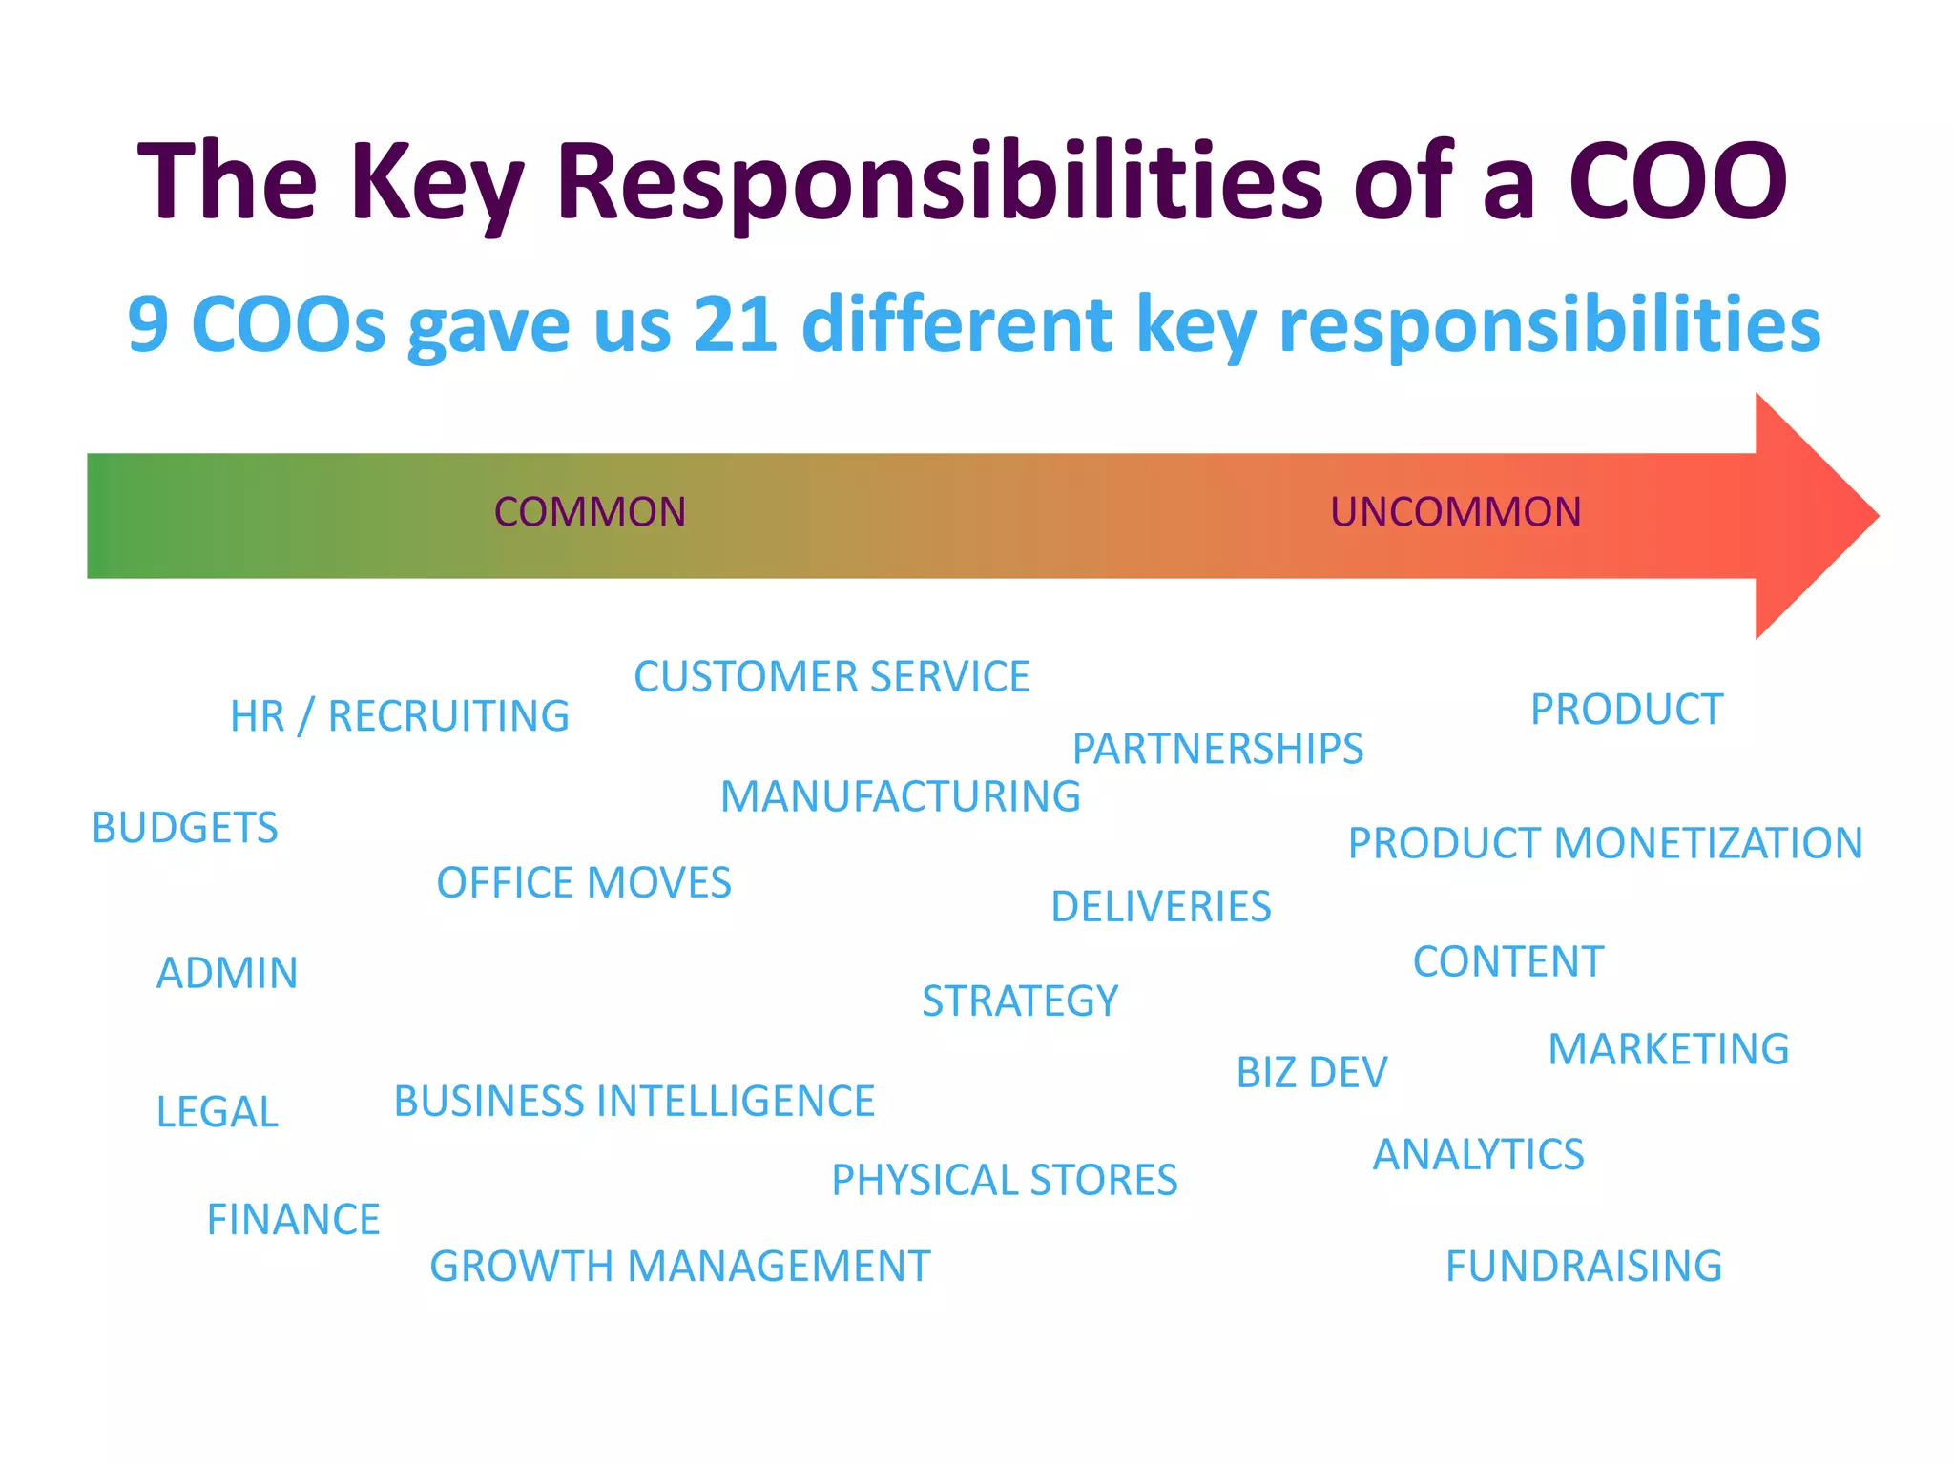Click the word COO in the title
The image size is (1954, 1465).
tap(1677, 181)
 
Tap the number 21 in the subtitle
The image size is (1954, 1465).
tap(735, 324)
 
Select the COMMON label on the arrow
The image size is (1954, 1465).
tap(590, 512)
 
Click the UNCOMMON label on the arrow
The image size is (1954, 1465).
tap(1455, 512)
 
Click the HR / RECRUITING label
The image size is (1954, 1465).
tap(399, 716)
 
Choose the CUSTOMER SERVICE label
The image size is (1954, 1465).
tap(831, 677)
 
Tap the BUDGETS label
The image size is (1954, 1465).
tap(184, 828)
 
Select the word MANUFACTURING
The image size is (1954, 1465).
tap(900, 796)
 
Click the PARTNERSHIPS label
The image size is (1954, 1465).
tap(1217, 749)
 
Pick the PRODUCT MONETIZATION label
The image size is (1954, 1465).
tap(1605, 843)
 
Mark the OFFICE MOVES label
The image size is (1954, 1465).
tap(583, 883)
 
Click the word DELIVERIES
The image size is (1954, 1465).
tap(1160, 907)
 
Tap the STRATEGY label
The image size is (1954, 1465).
tap(1019, 1001)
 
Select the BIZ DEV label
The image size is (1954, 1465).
tap(1311, 1073)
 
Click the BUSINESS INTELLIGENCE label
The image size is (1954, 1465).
tap(634, 1102)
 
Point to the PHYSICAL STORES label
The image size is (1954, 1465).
tap(1004, 1181)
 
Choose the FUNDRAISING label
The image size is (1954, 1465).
tap(1583, 1267)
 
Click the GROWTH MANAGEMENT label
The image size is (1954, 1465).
tap(679, 1267)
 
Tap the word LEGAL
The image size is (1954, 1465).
tap(217, 1112)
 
